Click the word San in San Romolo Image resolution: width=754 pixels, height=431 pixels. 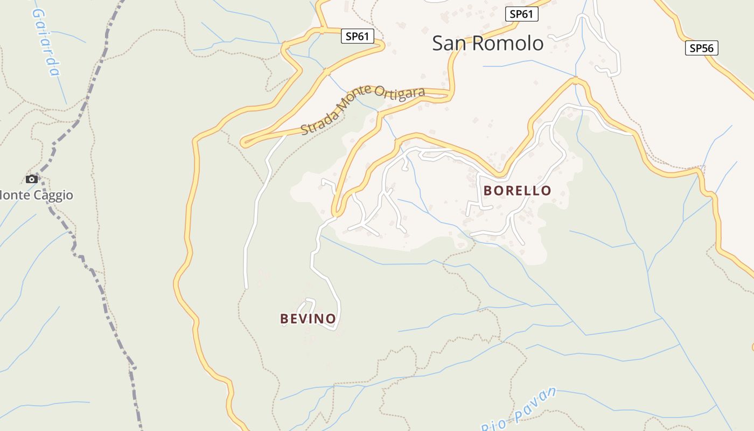tap(450, 43)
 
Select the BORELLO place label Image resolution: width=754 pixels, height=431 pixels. tap(517, 190)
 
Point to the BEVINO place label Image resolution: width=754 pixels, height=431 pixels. tap(308, 319)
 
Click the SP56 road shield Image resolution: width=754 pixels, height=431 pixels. tap(702, 48)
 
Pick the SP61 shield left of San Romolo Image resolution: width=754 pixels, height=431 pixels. tap(358, 36)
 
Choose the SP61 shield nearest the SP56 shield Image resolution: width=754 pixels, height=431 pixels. tap(521, 14)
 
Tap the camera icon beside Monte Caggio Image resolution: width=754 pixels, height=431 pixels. tap(32, 179)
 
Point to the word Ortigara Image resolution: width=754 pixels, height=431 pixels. tap(397, 93)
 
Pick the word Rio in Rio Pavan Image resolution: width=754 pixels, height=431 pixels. tap(493, 425)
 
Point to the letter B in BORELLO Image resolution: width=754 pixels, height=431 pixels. tap(488, 190)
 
